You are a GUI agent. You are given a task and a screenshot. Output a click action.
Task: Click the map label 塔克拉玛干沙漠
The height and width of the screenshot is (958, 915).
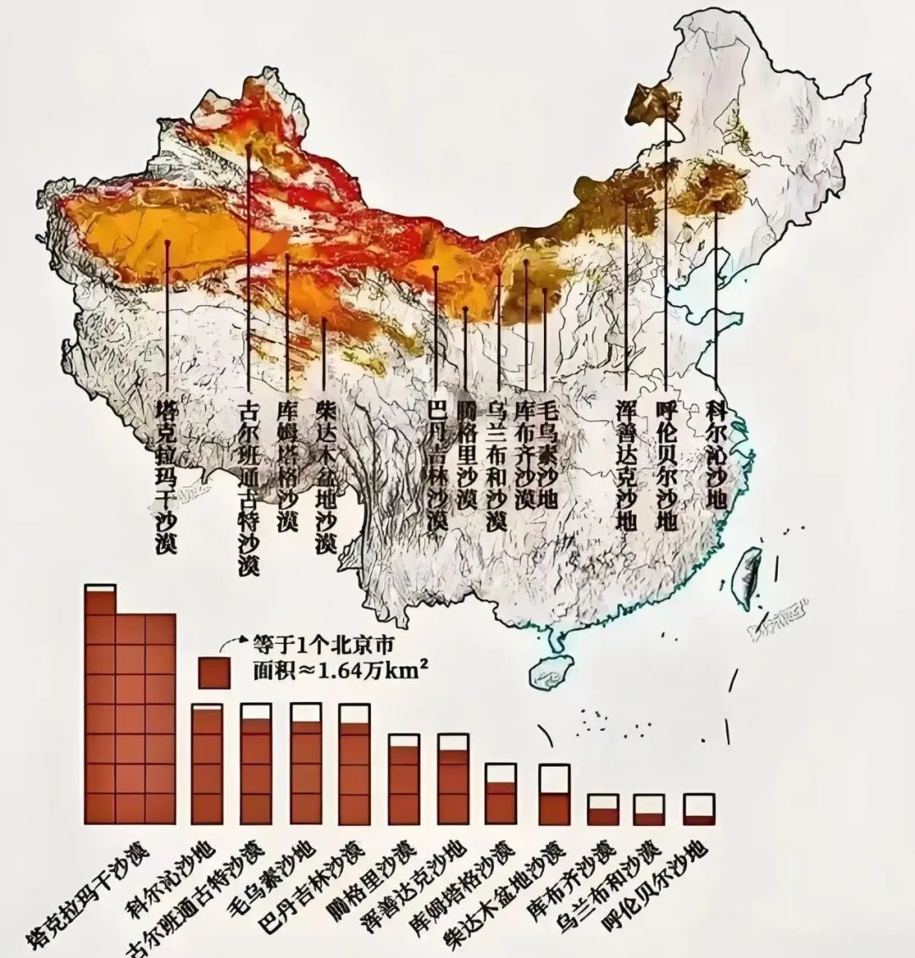[x=166, y=478]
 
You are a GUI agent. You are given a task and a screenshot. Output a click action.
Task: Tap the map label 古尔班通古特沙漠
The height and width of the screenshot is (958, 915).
[x=248, y=486]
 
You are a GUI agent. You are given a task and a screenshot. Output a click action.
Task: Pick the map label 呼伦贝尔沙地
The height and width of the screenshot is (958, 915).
[x=667, y=465]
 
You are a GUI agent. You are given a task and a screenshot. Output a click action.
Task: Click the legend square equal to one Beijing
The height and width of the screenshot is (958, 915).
[x=213, y=673]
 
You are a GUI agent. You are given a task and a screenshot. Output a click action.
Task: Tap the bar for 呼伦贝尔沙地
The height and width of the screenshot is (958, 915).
[x=699, y=810]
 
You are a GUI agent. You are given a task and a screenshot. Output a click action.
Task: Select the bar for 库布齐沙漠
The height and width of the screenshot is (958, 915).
[x=602, y=810]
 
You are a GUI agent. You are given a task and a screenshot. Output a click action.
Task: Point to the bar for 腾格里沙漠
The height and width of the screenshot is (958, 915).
[x=403, y=780]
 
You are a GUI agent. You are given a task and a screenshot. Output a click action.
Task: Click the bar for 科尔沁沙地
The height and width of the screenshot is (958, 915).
[x=207, y=764]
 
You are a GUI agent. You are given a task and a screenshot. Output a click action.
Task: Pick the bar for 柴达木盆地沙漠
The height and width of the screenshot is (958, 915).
[x=555, y=795]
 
